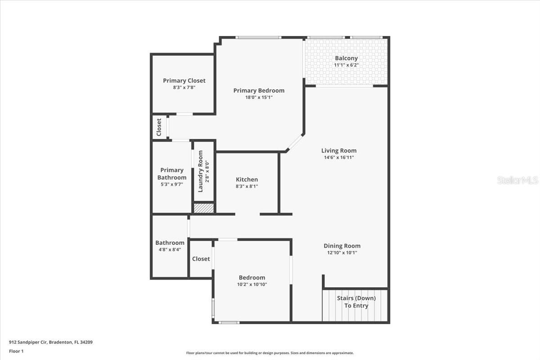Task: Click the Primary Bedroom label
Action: (259, 90)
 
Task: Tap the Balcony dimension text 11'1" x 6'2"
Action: (346, 65)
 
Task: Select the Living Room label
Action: (339, 151)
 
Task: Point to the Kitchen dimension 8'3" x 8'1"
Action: (247, 186)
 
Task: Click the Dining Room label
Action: (342, 246)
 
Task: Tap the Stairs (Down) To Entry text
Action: (356, 302)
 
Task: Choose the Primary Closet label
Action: (184, 81)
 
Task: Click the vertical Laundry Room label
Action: (201, 171)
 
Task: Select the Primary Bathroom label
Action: (172, 174)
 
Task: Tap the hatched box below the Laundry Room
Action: (203, 208)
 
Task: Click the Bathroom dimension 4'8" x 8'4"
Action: (170, 250)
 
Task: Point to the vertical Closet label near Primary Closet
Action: (159, 127)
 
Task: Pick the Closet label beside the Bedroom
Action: (201, 259)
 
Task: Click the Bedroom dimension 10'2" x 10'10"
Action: (252, 284)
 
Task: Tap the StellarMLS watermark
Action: (517, 180)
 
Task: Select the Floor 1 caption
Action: (16, 351)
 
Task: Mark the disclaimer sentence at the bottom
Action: (270, 353)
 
